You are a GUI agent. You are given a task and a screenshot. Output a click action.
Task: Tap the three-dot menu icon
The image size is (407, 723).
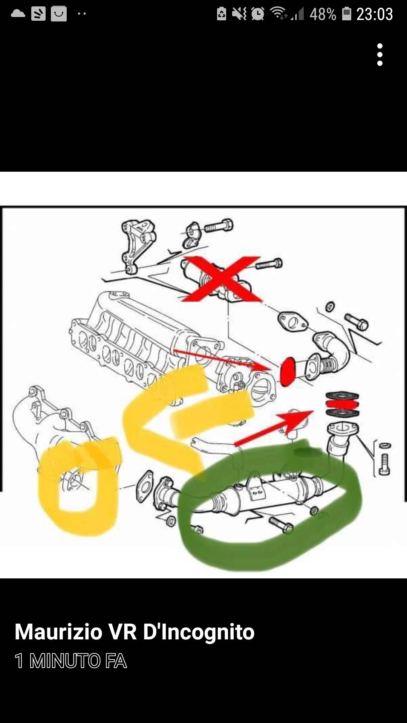tap(380, 55)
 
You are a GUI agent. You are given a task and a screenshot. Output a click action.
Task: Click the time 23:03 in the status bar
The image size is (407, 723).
tap(375, 14)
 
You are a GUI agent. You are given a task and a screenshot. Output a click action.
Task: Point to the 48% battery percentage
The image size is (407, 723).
tap(323, 14)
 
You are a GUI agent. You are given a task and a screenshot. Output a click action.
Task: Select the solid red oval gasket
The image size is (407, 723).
tap(289, 372)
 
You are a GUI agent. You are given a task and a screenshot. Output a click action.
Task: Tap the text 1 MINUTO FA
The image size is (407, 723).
tap(70, 661)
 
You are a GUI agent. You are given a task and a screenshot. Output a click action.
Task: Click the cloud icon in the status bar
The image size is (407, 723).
tap(18, 14)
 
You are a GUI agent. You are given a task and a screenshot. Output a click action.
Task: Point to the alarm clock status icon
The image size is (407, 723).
tap(258, 14)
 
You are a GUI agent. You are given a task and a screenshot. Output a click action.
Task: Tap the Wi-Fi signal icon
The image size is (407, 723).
tap(279, 14)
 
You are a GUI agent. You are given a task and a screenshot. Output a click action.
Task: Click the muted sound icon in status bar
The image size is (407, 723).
tap(239, 14)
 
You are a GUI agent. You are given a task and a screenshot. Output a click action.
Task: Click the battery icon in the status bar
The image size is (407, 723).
tap(346, 14)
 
